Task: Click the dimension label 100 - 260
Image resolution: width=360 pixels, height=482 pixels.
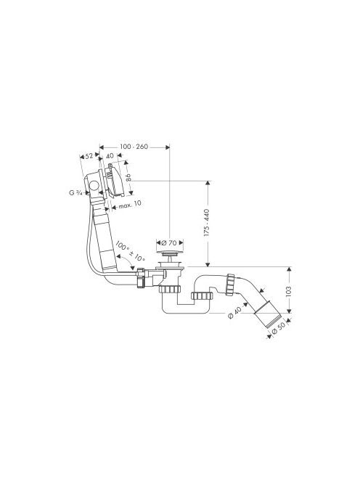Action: (134, 147)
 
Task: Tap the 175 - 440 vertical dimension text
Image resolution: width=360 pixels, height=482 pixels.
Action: (206, 223)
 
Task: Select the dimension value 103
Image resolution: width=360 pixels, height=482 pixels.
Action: (288, 291)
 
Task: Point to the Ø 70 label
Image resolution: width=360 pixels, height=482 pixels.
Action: (169, 242)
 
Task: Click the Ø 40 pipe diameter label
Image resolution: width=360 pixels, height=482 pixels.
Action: (235, 313)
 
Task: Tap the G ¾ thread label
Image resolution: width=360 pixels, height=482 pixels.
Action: (75, 193)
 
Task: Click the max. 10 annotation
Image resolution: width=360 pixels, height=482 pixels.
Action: (130, 205)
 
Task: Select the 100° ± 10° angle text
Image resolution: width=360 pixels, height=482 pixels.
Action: (130, 251)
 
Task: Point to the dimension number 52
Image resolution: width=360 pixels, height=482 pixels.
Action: (89, 156)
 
